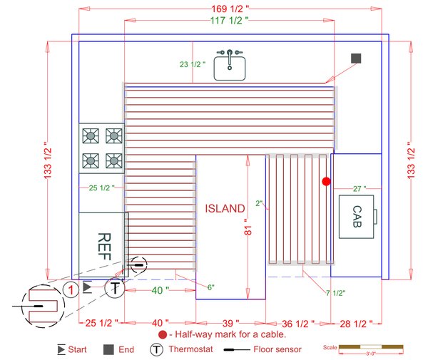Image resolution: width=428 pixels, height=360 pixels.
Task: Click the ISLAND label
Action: point(225,208)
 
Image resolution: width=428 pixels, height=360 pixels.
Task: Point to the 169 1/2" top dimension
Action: point(230,8)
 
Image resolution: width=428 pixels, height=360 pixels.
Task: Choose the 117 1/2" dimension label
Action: point(230,21)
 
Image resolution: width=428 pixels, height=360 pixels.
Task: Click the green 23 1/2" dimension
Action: point(193,64)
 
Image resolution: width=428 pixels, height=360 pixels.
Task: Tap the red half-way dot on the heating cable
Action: point(326,182)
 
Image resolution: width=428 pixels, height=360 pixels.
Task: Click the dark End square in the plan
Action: point(356,58)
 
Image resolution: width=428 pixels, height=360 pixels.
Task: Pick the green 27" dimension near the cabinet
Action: point(359,189)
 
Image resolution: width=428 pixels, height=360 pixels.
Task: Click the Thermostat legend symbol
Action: point(156,349)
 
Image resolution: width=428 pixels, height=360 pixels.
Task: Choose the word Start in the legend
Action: point(78,349)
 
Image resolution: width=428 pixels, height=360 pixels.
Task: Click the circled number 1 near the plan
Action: point(70,289)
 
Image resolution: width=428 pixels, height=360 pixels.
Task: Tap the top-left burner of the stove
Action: point(91,135)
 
